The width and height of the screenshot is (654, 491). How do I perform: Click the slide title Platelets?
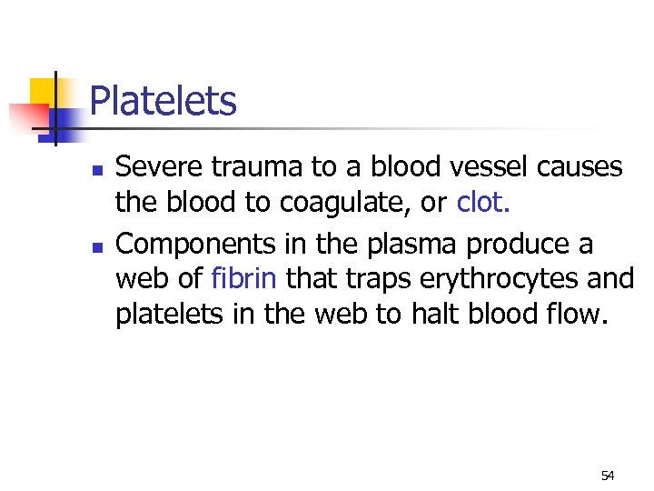tap(163, 101)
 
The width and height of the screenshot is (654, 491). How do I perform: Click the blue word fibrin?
tap(244, 279)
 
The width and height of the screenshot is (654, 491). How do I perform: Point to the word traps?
tap(372, 279)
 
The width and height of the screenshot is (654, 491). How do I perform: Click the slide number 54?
tap(608, 476)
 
